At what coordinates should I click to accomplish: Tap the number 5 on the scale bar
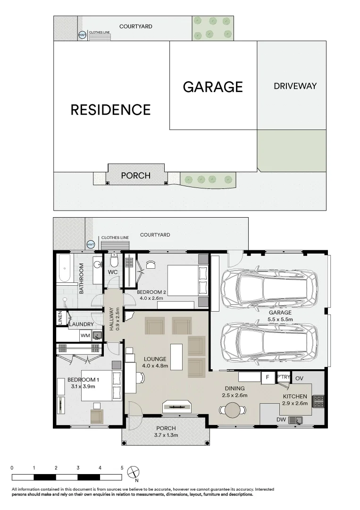[122, 467]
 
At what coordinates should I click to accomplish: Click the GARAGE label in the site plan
[213, 87]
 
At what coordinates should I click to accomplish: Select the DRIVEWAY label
[295, 86]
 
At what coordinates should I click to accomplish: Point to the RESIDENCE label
[110, 110]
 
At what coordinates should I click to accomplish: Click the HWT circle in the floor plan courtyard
[91, 245]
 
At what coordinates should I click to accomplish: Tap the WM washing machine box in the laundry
[85, 336]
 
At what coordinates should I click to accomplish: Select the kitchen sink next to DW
[297, 419]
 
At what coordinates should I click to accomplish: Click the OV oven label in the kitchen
[300, 378]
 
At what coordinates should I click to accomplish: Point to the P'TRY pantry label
[283, 377]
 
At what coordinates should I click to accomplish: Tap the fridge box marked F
[268, 378]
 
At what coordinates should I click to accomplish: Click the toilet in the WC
[113, 261]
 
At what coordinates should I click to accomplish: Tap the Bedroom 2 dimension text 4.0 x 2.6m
[150, 298]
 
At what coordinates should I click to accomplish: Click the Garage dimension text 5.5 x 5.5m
[280, 319]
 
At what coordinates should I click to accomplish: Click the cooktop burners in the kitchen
[319, 401]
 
